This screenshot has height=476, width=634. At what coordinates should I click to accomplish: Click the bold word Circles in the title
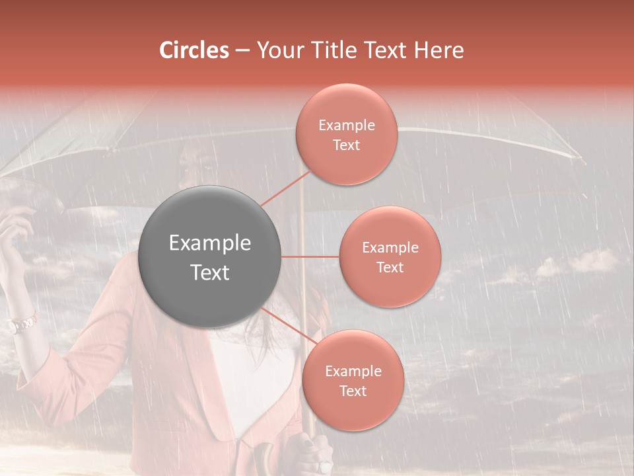(x=194, y=50)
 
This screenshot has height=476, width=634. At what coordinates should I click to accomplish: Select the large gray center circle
(x=210, y=257)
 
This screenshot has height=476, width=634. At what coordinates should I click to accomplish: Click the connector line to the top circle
(x=285, y=188)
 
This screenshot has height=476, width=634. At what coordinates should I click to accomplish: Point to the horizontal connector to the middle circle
(x=310, y=257)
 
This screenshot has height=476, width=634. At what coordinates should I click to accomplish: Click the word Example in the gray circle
(x=210, y=243)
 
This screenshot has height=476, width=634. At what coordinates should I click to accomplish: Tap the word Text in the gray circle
(x=210, y=272)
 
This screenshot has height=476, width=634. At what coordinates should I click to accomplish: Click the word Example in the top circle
(x=347, y=126)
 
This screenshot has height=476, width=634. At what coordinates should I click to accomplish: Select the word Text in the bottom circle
(x=353, y=391)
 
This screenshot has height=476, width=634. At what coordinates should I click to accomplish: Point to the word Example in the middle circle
(x=390, y=248)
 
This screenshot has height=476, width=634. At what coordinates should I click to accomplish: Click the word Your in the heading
(x=277, y=50)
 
